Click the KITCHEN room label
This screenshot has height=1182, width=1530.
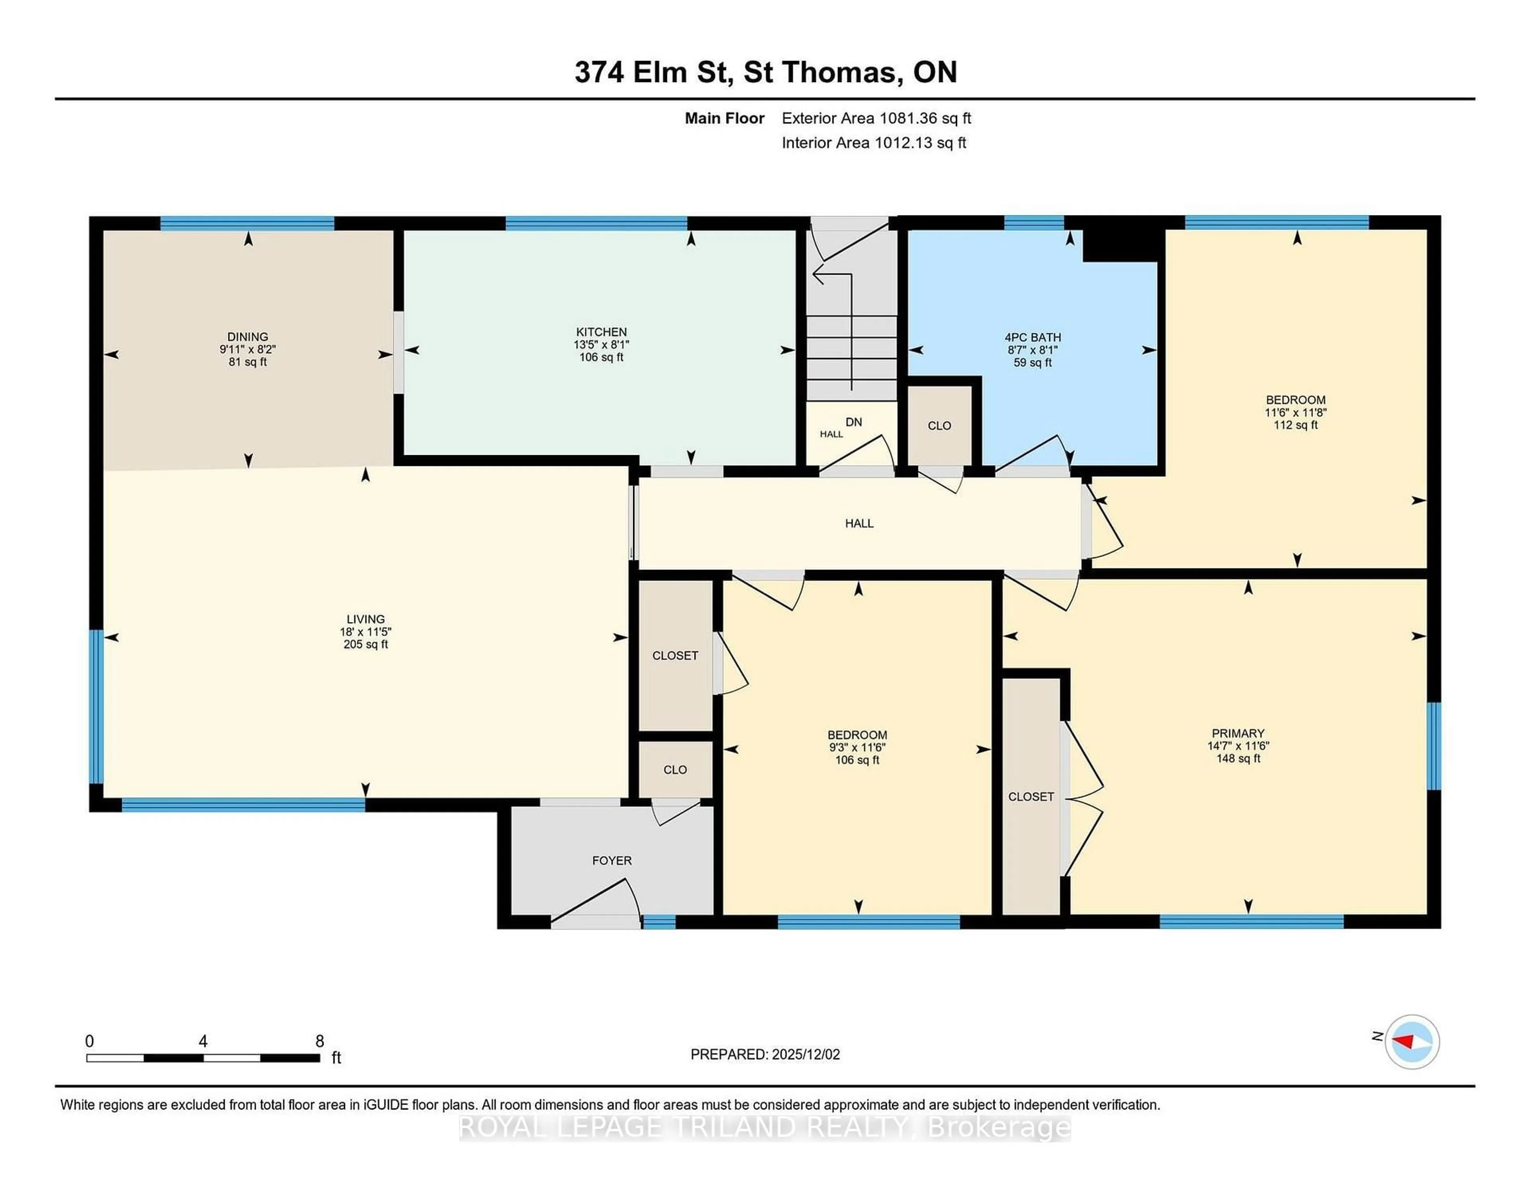(601, 332)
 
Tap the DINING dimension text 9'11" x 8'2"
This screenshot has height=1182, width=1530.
(247, 349)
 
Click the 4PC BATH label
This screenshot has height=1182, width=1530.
(1033, 337)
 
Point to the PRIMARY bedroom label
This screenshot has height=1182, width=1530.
(1238, 733)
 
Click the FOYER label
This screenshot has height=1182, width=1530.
(612, 861)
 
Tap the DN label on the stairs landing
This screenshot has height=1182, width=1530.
(853, 422)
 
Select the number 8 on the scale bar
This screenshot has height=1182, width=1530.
(320, 1041)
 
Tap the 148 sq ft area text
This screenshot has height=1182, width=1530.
(1238, 758)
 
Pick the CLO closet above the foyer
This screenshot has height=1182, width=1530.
(675, 769)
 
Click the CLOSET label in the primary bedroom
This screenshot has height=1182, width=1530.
(1030, 797)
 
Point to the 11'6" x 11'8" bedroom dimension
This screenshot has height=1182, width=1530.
(1295, 413)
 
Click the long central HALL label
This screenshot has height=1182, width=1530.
(859, 523)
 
